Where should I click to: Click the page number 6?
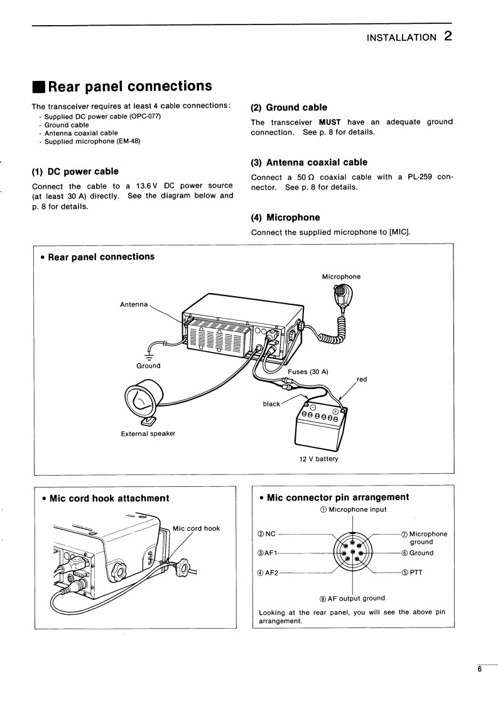pos(479,669)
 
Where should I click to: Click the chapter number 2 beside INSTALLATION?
pos(447,36)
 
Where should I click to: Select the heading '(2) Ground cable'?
pos(289,107)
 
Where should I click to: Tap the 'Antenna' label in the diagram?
pos(134,304)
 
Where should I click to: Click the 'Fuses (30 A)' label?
pos(308,371)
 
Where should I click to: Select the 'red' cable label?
pos(362,380)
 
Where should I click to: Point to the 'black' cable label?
pos(271,404)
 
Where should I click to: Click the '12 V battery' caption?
pos(319,459)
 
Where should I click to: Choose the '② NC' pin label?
pos(267,534)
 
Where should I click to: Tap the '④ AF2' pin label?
pos(268,572)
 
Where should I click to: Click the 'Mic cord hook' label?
pos(196,528)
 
